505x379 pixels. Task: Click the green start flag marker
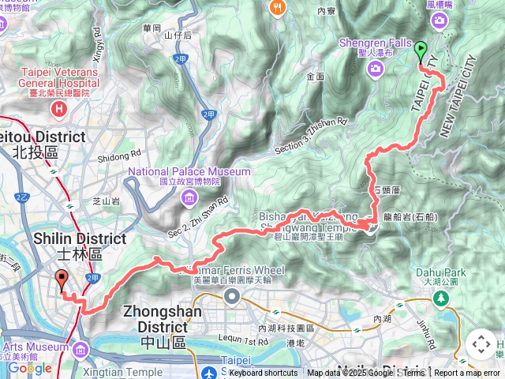pyautogui.click(x=420, y=51)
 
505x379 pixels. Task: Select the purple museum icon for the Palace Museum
pyautogui.click(x=190, y=197)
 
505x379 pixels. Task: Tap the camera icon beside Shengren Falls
pyautogui.click(x=375, y=69)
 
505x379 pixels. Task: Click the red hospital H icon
pyautogui.click(x=58, y=107)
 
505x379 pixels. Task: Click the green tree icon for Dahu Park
pyautogui.click(x=440, y=299)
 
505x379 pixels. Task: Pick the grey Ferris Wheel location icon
pyautogui.click(x=232, y=296)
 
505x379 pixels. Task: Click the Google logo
pyautogui.click(x=29, y=367)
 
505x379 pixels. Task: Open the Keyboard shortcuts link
pyautogui.click(x=264, y=373)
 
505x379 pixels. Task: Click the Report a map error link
pyautogui.click(x=467, y=373)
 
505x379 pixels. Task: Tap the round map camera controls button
pyautogui.click(x=481, y=344)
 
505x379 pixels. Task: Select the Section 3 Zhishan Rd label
pyautogui.click(x=311, y=136)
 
